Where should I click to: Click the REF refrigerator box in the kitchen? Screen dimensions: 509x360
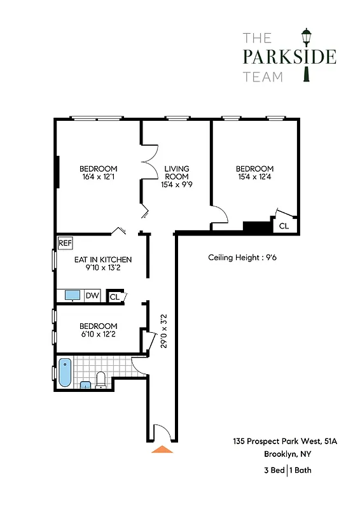coord(64,243)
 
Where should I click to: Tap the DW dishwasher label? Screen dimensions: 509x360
coord(92,295)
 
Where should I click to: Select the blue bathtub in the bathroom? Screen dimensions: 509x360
coord(64,373)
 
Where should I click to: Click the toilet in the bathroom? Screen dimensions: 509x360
coord(100,380)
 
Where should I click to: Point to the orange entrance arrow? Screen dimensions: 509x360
coord(163,449)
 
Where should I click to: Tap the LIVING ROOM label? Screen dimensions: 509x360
coord(177,172)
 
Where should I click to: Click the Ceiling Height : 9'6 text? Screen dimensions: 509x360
coord(242,258)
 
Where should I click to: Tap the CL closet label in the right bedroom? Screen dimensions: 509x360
coord(284,226)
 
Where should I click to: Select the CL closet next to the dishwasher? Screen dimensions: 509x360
coord(115,296)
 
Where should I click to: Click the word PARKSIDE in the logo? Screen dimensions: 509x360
coord(289,57)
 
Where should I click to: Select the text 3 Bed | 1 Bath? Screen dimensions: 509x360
coord(287,470)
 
